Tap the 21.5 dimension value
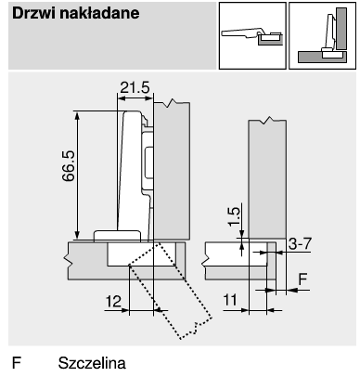[x=135, y=87]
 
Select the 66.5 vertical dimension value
[x=69, y=166]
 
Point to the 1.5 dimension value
[x=234, y=216]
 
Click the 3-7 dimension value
[x=300, y=244]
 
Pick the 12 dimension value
[x=113, y=301]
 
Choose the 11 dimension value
[x=230, y=300]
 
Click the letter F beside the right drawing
[x=302, y=279]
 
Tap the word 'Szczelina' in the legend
[x=92, y=363]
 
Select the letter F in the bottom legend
[x=17, y=363]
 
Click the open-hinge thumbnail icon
[x=252, y=35]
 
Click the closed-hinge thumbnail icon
[x=322, y=35]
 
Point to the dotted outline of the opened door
[x=171, y=291]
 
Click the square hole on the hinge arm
[x=149, y=162]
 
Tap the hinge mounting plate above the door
[x=117, y=235]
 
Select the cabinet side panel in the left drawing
[x=172, y=171]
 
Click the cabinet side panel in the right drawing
[x=267, y=179]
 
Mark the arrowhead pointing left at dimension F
[x=292, y=290]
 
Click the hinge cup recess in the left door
[x=142, y=253]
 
